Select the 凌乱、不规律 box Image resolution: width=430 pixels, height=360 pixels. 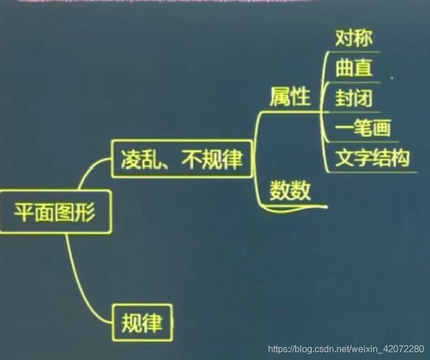182,159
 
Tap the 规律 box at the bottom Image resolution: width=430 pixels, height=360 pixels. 142,322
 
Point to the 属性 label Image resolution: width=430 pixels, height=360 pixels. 289,97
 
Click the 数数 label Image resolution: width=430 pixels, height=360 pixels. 290,190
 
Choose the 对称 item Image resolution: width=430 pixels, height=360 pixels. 354,38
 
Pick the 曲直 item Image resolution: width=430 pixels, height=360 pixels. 354,68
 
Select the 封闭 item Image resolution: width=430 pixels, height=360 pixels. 354,98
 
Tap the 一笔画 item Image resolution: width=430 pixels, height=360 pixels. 363,128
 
